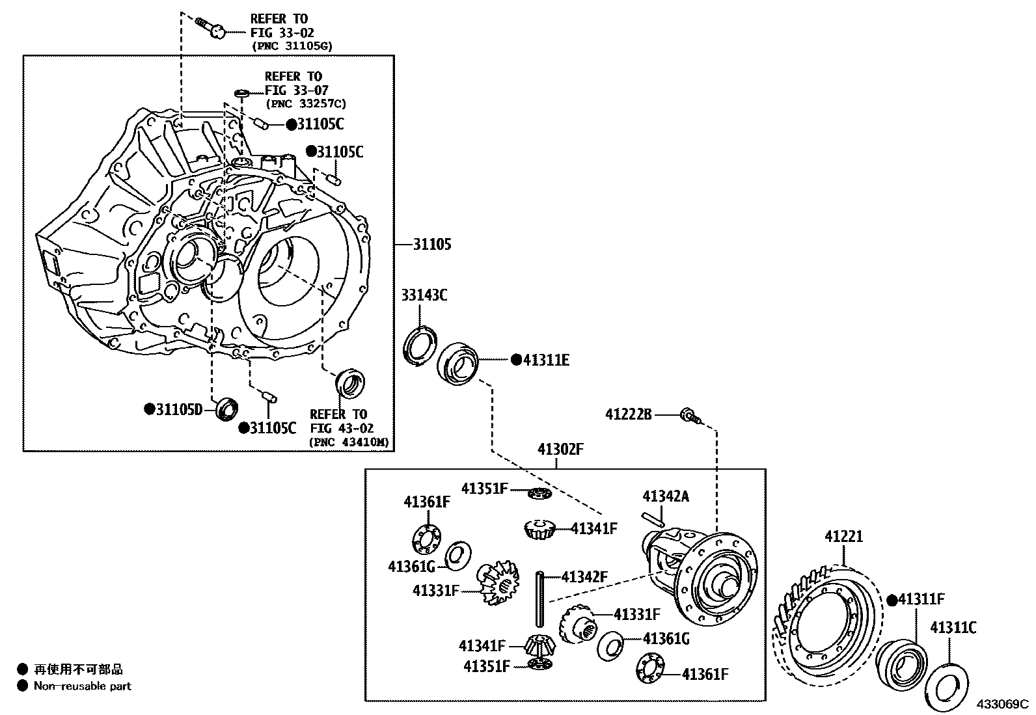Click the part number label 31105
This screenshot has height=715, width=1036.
[x=432, y=245]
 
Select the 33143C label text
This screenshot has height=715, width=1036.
[x=424, y=295]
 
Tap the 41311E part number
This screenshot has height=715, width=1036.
[x=546, y=360]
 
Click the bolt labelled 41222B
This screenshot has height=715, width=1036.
[x=689, y=415]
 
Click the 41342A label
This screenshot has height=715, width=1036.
[x=665, y=496]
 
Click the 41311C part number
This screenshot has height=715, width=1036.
[x=953, y=628]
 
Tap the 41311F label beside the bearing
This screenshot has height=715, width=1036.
[x=921, y=600]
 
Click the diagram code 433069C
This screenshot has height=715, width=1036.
[x=1001, y=704]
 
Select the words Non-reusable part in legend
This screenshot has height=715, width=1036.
[x=82, y=686]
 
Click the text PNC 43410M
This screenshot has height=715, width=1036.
[x=349, y=442]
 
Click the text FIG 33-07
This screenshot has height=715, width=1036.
[x=296, y=90]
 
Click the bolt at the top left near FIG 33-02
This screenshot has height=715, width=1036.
[x=210, y=26]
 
